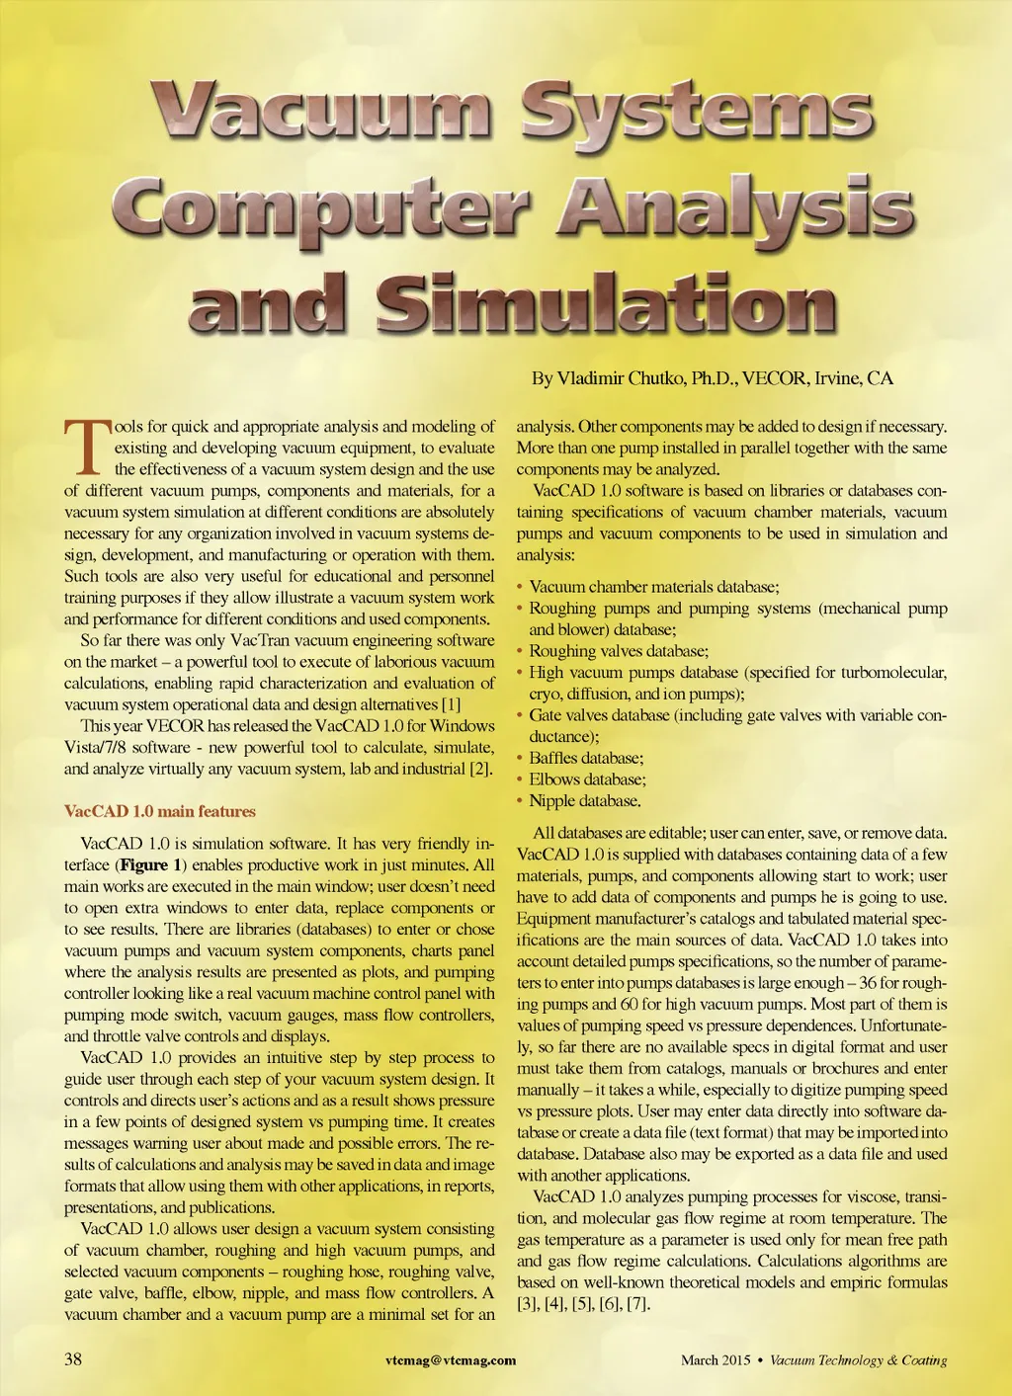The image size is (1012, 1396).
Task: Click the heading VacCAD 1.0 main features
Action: click(x=160, y=811)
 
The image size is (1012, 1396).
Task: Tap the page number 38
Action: click(x=73, y=1358)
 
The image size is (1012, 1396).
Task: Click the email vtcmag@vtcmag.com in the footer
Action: click(x=451, y=1359)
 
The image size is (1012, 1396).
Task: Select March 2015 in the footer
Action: click(x=716, y=1360)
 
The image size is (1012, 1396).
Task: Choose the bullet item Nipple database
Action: click(x=584, y=801)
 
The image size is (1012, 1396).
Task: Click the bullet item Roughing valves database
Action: click(x=619, y=651)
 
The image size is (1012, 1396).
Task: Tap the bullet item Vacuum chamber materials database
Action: click(x=654, y=587)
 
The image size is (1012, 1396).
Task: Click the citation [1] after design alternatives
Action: click(x=451, y=704)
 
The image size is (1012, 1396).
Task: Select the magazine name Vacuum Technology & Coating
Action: click(x=858, y=1360)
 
